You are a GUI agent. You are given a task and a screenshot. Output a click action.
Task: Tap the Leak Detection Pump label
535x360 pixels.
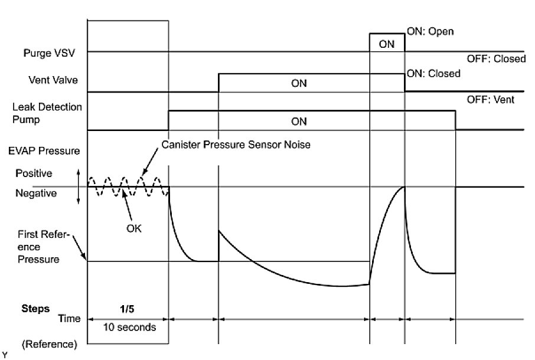(x=47, y=113)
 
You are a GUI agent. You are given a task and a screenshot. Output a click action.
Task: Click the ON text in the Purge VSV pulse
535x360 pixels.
(x=387, y=43)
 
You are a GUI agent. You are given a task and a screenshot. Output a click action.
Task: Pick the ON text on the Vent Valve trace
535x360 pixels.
(x=299, y=83)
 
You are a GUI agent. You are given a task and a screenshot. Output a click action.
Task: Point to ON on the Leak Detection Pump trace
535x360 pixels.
(x=299, y=121)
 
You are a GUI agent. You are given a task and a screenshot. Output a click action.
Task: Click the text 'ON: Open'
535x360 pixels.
(x=431, y=31)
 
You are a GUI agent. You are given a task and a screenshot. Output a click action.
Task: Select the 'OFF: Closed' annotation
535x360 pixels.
(x=496, y=58)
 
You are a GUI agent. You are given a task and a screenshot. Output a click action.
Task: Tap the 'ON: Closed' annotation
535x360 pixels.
(x=433, y=74)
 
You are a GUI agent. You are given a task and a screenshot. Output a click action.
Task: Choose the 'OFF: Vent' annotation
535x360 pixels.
(x=491, y=100)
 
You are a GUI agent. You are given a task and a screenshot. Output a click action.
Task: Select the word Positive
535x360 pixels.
(x=34, y=174)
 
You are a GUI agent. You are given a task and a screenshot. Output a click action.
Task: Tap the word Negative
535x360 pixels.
(x=36, y=193)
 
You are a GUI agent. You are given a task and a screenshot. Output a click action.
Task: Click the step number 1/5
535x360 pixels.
(x=128, y=309)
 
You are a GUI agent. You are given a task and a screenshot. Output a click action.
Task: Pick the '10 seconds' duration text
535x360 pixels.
(x=128, y=326)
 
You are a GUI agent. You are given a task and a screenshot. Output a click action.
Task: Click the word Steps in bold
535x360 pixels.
(x=35, y=309)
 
